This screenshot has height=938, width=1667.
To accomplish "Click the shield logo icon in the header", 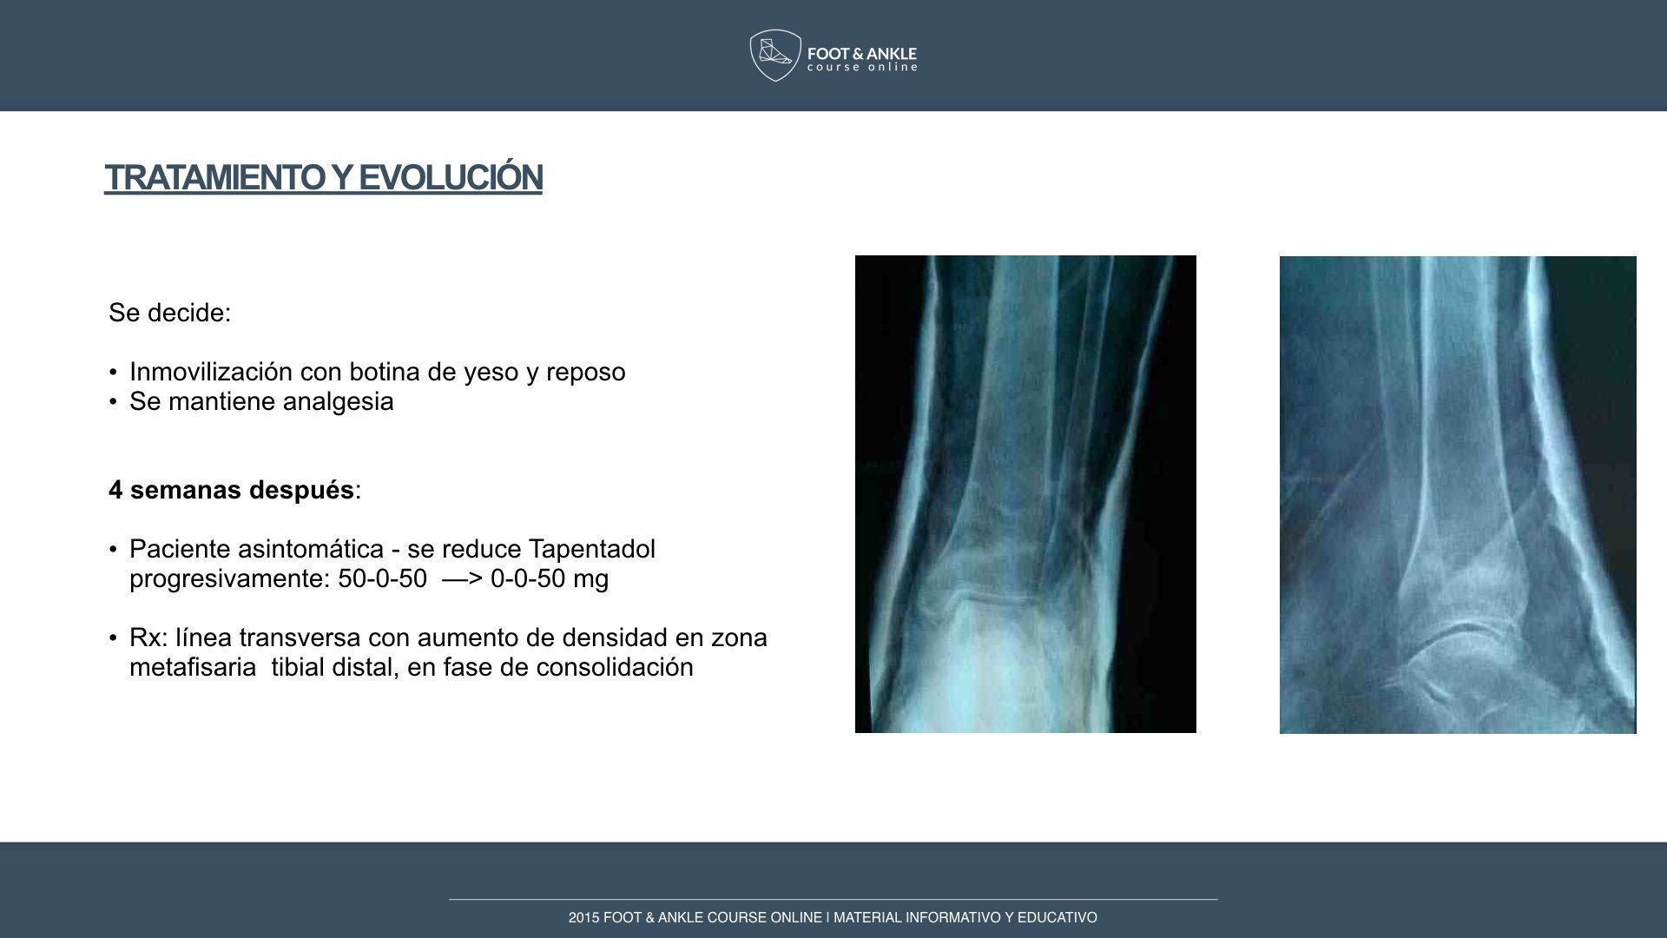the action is pyautogui.click(x=775, y=56).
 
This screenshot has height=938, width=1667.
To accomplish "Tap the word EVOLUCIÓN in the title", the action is pyautogui.click(x=451, y=177).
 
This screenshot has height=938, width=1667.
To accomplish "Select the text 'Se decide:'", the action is pyautogui.click(x=170, y=313).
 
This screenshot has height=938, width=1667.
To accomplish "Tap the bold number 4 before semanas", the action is pyautogui.click(x=115, y=490).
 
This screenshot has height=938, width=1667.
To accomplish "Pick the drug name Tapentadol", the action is pyautogui.click(x=591, y=550).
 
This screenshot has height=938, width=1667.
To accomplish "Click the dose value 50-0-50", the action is pyautogui.click(x=382, y=578).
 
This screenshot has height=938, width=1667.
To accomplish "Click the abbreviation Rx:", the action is pyautogui.click(x=148, y=637).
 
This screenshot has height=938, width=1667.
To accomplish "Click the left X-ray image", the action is pyautogui.click(x=1025, y=494).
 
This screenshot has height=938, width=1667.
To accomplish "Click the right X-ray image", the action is pyautogui.click(x=1458, y=495).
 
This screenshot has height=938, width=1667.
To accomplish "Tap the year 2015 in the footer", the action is pyautogui.click(x=583, y=917).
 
